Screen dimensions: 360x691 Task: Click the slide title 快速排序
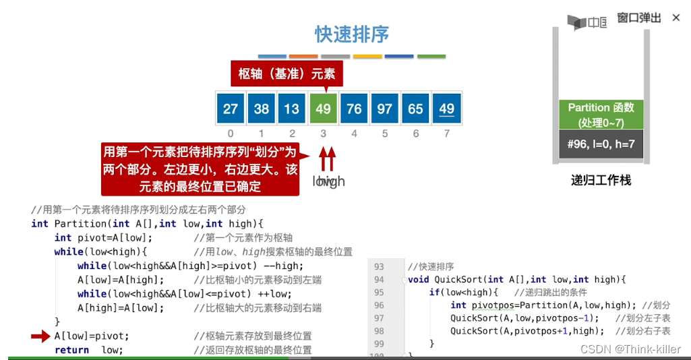[x=352, y=34]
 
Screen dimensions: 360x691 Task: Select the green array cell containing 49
[x=323, y=109]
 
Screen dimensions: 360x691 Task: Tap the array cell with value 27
[x=231, y=109]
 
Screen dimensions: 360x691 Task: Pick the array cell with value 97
[x=385, y=109]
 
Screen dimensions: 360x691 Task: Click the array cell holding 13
[x=292, y=109]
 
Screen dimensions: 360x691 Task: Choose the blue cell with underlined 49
[x=446, y=109]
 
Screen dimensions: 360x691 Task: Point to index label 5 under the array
[x=385, y=133]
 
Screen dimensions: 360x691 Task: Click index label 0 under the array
[x=231, y=133]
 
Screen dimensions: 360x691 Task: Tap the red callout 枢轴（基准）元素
[x=287, y=74]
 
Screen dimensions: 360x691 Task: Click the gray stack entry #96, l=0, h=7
[x=601, y=144]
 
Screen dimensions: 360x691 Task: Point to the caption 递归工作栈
[x=601, y=180]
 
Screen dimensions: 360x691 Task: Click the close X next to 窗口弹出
[x=676, y=18]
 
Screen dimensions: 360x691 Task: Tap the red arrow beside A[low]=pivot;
[x=40, y=336]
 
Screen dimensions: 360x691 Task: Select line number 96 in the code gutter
[x=379, y=305]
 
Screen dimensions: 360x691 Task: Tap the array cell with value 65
[x=415, y=109]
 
